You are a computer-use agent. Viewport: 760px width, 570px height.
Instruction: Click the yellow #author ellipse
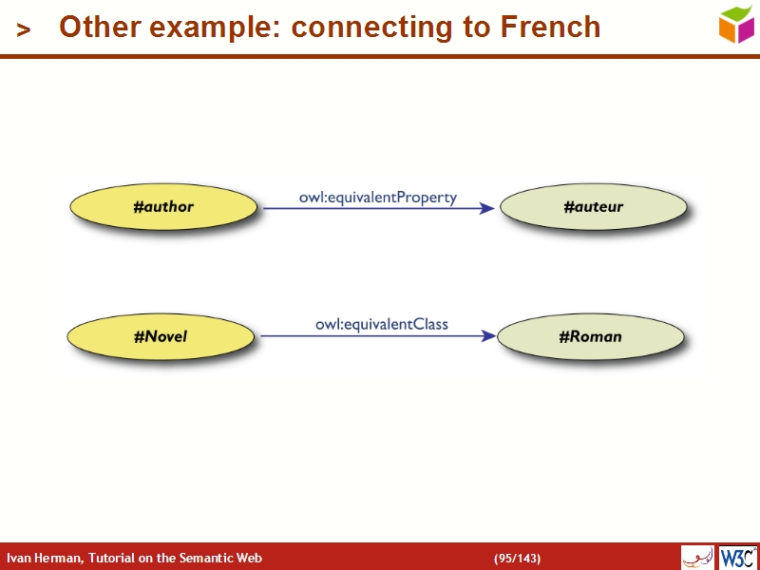pos(162,206)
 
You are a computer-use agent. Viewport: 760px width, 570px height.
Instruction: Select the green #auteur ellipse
pos(593,206)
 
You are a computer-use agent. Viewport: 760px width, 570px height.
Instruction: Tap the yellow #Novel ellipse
pos(161,335)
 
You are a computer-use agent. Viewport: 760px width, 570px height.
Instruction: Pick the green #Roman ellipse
pos(590,336)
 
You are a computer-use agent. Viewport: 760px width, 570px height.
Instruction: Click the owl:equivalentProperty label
pos(378,198)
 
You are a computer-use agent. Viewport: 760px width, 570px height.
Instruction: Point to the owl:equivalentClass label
pos(382,325)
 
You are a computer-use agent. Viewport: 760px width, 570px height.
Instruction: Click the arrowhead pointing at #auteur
pos(486,208)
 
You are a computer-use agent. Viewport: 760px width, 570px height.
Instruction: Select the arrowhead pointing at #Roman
pos(488,335)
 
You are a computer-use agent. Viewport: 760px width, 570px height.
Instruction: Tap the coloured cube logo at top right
pos(736,24)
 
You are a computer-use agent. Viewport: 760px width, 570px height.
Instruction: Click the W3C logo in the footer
pos(738,557)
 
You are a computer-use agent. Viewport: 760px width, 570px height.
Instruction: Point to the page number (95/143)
pos(517,558)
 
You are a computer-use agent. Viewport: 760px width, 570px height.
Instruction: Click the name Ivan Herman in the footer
pos(44,558)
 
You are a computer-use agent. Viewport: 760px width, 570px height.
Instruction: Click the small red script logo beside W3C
pos(698,557)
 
